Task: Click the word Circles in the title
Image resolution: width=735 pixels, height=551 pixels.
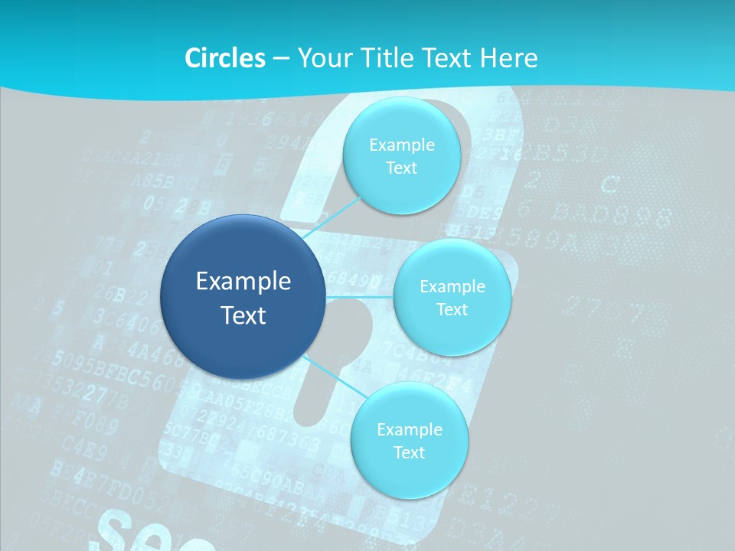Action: pyautogui.click(x=225, y=58)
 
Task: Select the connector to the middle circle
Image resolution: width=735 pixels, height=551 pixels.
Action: pyautogui.click(x=360, y=296)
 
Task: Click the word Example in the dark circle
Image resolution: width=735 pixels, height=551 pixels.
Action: pyautogui.click(x=243, y=282)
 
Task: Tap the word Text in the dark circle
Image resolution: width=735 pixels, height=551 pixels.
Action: pyautogui.click(x=243, y=315)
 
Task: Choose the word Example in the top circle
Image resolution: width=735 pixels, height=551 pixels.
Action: pyautogui.click(x=402, y=145)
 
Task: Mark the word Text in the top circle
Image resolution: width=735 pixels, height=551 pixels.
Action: pyautogui.click(x=401, y=168)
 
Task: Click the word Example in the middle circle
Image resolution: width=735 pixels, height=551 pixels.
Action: pyautogui.click(x=452, y=286)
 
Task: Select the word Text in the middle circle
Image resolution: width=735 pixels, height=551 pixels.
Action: pyautogui.click(x=452, y=309)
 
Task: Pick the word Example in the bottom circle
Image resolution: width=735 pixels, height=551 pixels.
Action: pyautogui.click(x=410, y=429)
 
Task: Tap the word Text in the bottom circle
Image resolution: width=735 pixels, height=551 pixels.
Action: pyautogui.click(x=409, y=452)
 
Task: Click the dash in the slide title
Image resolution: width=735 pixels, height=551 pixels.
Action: pyautogui.click(x=281, y=59)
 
